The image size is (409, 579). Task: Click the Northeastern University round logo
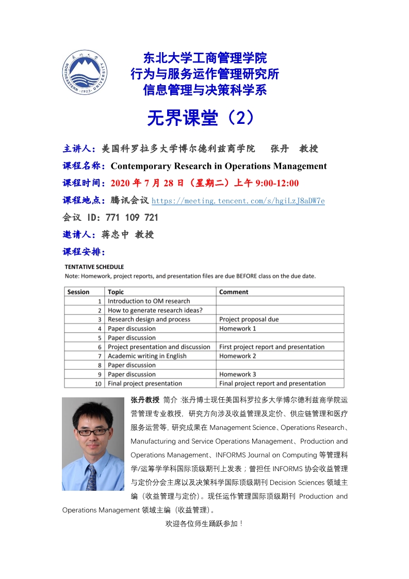85,75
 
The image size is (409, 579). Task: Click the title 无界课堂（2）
201,118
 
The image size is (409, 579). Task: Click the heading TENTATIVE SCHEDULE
94,267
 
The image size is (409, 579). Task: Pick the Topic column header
116,292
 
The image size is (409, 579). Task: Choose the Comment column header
234,292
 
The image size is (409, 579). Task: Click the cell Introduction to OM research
149,301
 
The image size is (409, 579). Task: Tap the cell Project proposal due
249,319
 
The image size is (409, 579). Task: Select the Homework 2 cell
237,356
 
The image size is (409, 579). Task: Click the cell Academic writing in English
147,356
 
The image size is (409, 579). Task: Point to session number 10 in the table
98,383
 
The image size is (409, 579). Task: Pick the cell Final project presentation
144,383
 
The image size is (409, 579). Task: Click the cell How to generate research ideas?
155,310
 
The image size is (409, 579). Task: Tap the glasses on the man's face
93,431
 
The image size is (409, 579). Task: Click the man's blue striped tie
92,477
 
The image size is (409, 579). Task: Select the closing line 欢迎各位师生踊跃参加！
204,523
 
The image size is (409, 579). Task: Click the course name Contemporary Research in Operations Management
219,166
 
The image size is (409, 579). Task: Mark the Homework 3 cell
237,374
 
